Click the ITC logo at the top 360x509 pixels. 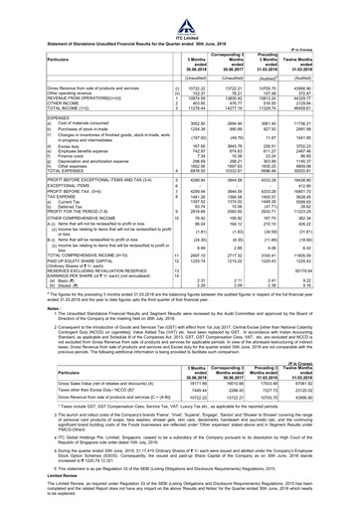tap(181, 7)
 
